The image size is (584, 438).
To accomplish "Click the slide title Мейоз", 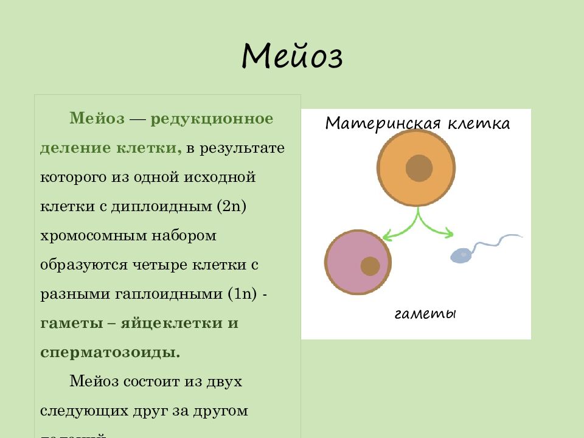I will (x=292, y=57).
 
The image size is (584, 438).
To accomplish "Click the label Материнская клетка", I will (x=417, y=123).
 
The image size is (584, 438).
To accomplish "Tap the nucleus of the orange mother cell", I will (x=419, y=168).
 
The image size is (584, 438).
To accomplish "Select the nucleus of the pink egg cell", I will (x=370, y=266).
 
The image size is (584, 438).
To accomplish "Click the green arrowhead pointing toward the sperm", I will (x=450, y=232).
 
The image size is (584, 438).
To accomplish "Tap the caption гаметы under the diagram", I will (x=425, y=315).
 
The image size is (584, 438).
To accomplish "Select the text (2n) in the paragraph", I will (x=231, y=206).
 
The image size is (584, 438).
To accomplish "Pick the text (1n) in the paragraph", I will (x=245, y=294).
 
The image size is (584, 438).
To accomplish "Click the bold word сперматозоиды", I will (x=110, y=352).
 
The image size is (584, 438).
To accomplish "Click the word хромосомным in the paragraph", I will (x=86, y=235).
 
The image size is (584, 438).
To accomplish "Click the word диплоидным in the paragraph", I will (x=162, y=206).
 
